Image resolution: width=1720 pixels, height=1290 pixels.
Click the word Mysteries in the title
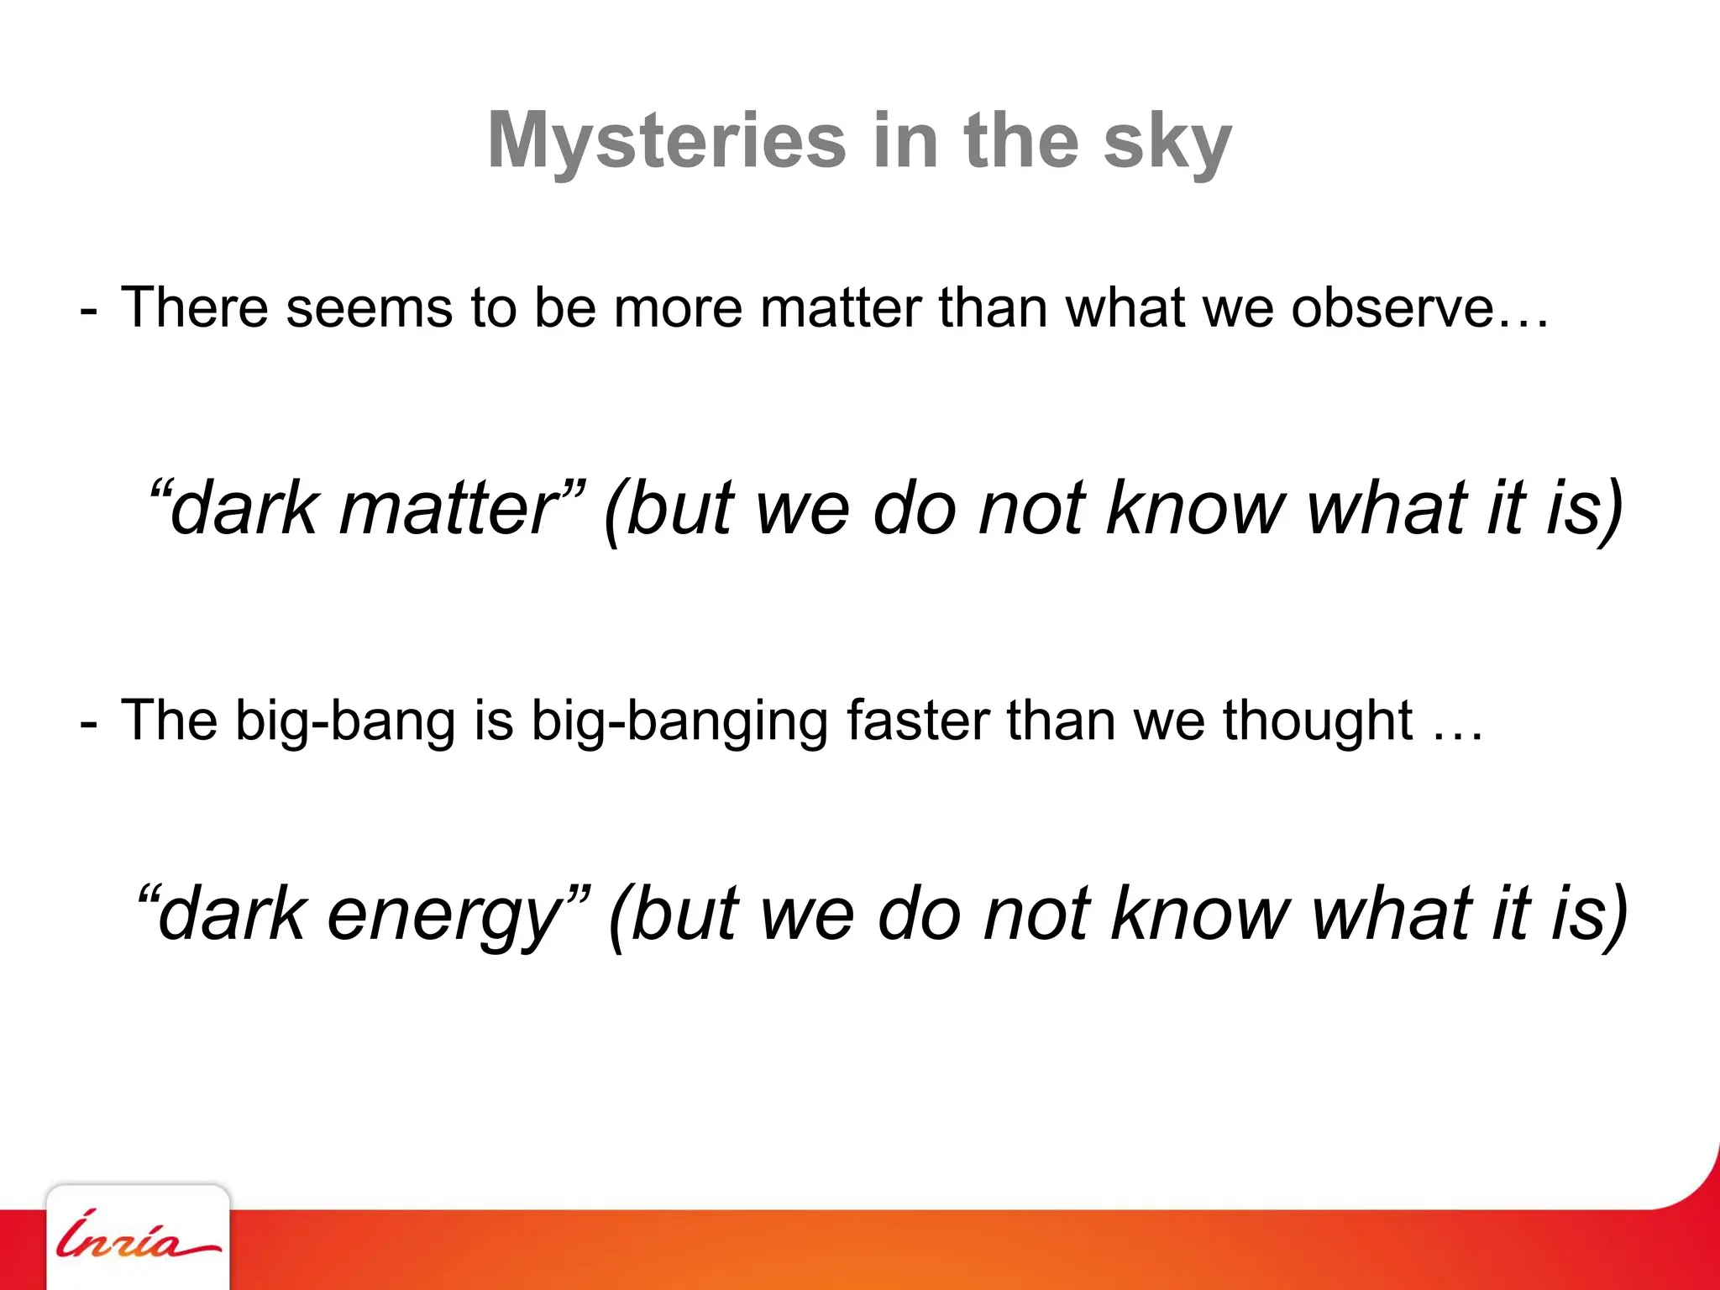tap(666, 141)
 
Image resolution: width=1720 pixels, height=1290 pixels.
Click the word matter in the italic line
tap(448, 508)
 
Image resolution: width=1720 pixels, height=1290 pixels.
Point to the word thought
tap(1317, 721)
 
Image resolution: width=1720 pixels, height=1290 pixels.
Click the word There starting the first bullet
tap(194, 307)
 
